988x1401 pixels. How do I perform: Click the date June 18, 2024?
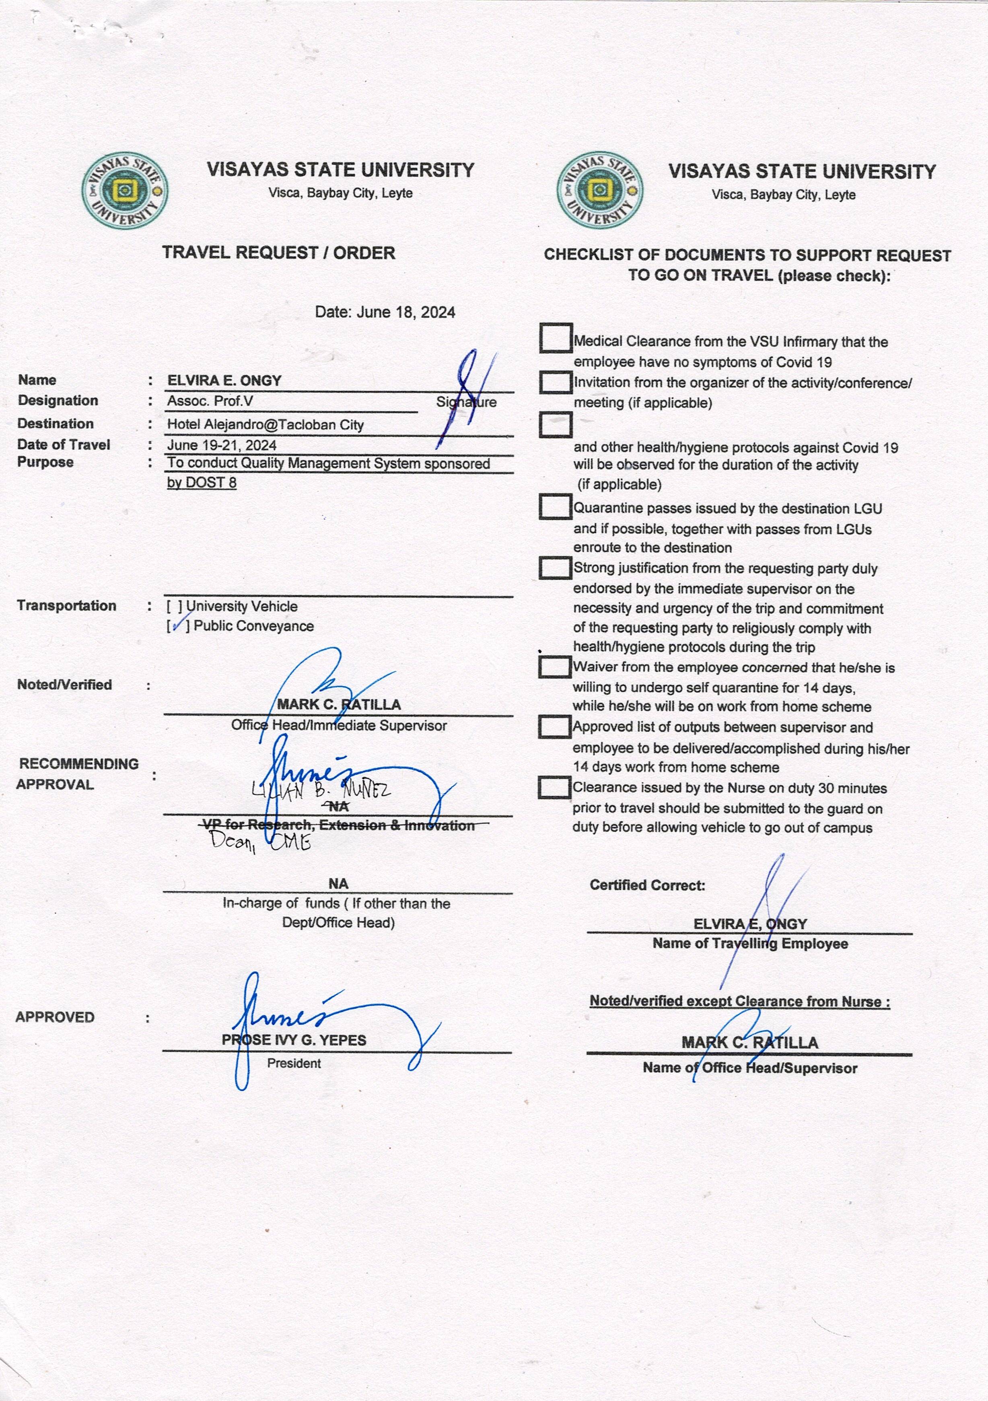[x=385, y=313]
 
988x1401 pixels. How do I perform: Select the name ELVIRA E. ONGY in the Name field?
[x=224, y=381]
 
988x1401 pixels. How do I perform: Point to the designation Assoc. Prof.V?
[x=210, y=401]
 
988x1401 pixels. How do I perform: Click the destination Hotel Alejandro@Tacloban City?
[x=266, y=425]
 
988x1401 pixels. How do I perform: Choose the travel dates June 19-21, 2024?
[x=222, y=445]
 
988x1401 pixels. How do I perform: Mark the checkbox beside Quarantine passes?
[x=555, y=506]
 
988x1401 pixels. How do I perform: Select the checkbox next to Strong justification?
[x=555, y=568]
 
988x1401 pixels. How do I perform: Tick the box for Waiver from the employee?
[x=554, y=667]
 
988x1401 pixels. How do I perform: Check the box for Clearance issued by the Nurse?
[x=554, y=787]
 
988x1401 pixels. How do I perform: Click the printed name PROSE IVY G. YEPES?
[x=294, y=1040]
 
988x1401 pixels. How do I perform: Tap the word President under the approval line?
[x=294, y=1064]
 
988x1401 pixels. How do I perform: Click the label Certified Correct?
[x=647, y=885]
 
